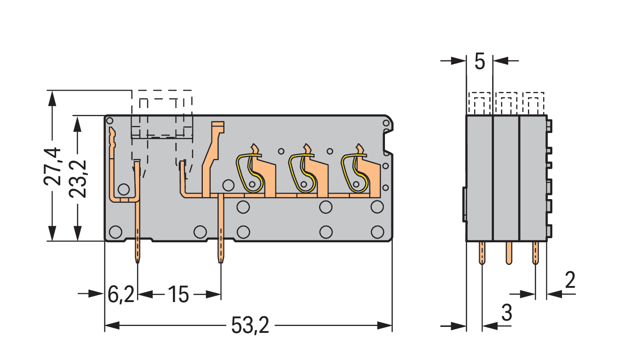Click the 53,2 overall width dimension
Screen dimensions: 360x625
pyautogui.click(x=250, y=326)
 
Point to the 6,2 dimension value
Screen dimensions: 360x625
pyautogui.click(x=120, y=294)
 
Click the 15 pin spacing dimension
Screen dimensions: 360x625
pyautogui.click(x=178, y=294)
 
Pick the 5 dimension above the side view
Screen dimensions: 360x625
pyautogui.click(x=479, y=61)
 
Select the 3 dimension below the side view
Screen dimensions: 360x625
pyautogui.click(x=506, y=314)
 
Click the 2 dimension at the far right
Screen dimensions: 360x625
pyautogui.click(x=569, y=280)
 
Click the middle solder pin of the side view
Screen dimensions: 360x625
pyautogui.click(x=508, y=253)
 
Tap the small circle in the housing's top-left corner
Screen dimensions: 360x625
pyautogui.click(x=109, y=121)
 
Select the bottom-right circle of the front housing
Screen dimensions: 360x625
pyautogui.click(x=378, y=231)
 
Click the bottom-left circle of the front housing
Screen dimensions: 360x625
pyautogui.click(x=116, y=231)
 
